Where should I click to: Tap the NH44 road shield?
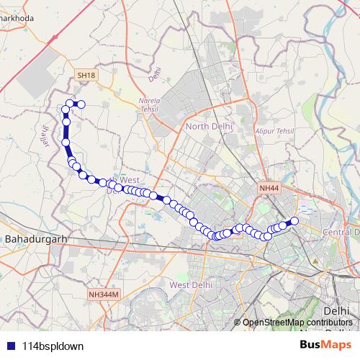(x=268, y=188)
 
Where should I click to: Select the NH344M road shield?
(x=104, y=294)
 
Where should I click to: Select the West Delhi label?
(x=190, y=284)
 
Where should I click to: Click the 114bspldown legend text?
(x=53, y=346)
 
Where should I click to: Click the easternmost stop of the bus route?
(x=294, y=221)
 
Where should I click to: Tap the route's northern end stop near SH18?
(x=81, y=105)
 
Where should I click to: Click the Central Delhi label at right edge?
(x=341, y=233)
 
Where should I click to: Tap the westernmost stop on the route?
(x=65, y=110)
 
